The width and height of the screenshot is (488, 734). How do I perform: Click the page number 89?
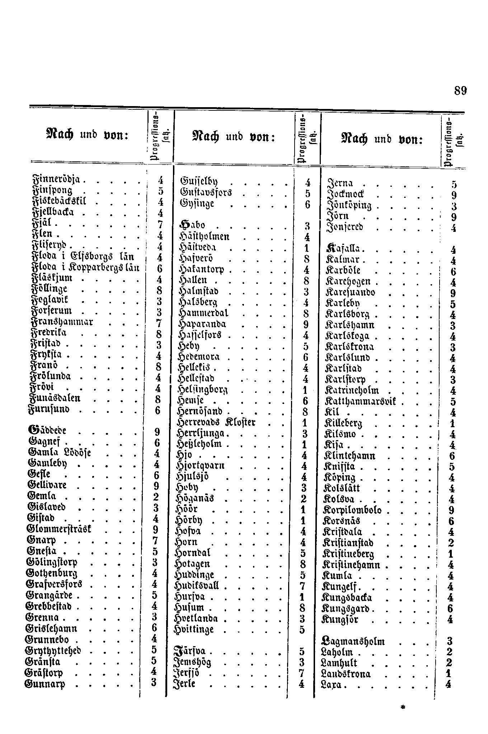coord(460,91)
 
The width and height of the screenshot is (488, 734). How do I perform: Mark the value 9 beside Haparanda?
coord(306,325)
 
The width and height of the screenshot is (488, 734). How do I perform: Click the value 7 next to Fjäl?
coord(160,225)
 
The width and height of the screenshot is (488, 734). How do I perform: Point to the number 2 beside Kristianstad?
coord(451,543)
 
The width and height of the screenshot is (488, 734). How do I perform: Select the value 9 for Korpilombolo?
coord(451,510)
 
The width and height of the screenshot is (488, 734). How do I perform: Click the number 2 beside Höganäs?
coord(304,499)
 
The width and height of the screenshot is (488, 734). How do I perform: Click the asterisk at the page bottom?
coord(403,707)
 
